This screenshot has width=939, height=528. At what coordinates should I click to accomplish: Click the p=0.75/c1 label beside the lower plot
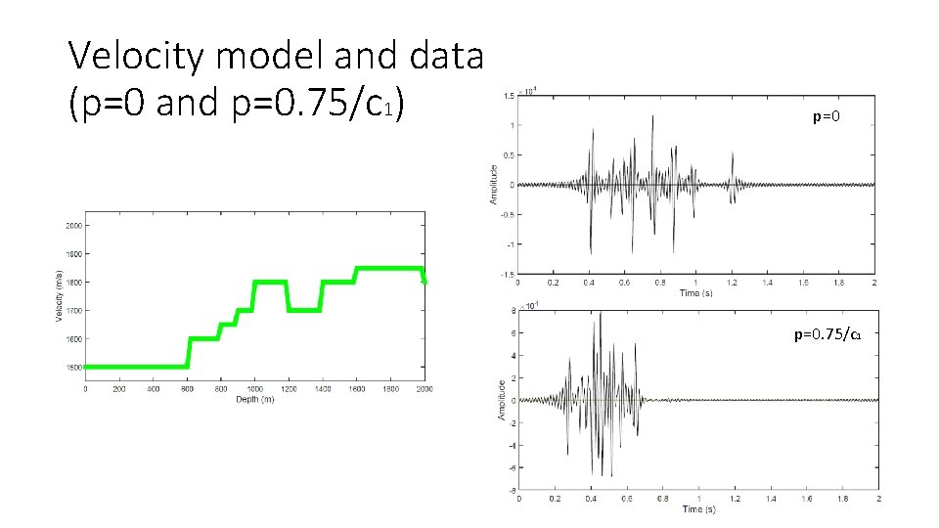coord(827,334)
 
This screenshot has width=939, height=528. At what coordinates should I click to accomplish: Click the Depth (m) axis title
coord(254,399)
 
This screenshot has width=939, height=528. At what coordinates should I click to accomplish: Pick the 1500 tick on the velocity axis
coord(74,368)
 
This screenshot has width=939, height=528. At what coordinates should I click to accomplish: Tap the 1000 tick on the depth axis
coord(254,388)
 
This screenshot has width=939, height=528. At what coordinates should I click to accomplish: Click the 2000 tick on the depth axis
coord(424,388)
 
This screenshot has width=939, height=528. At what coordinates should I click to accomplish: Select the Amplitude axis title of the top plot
coord(493,184)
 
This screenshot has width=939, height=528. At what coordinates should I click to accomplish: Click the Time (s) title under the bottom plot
coord(698,509)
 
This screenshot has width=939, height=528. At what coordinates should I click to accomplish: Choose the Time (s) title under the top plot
coord(695,292)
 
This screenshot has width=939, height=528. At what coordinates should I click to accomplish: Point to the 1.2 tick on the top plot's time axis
coord(732,282)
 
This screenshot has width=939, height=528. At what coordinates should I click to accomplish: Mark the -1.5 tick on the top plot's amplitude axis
coord(507,275)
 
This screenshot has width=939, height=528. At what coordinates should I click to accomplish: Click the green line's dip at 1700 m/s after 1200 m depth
coord(304,310)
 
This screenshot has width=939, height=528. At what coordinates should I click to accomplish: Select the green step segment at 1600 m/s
coord(202,338)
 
